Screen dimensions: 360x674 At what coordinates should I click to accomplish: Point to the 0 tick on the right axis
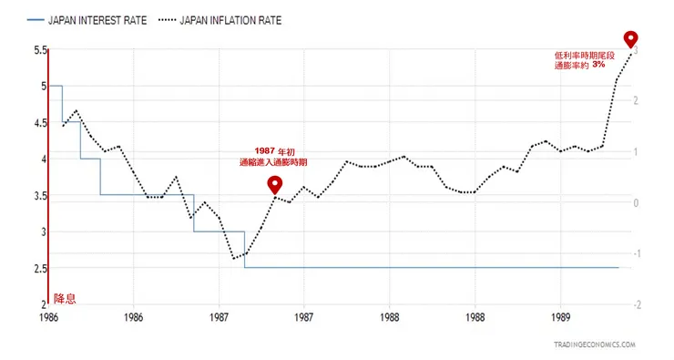coord(639,202)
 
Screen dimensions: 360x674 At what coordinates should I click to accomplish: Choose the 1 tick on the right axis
coord(639,151)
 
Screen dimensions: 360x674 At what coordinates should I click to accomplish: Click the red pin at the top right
coord(631,39)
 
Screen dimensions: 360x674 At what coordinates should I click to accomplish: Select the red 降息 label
coord(65,298)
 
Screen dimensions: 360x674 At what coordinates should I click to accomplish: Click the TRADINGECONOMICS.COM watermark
coord(594,345)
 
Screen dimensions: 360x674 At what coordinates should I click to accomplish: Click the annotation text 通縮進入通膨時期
coord(273,161)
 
